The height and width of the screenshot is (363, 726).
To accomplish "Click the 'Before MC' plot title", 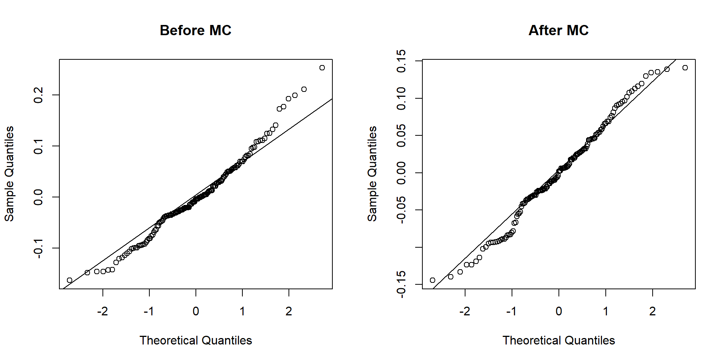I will (195, 30).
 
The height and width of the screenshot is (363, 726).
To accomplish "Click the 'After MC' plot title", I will (558, 30).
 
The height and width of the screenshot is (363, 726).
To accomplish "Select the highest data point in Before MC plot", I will (322, 68).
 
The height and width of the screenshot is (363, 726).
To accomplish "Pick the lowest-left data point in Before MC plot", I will (70, 280).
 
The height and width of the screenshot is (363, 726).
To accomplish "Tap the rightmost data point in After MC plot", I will (685, 68).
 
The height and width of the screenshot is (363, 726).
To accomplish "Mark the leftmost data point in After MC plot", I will (433, 280).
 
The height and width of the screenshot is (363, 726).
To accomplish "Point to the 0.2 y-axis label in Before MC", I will (38, 95).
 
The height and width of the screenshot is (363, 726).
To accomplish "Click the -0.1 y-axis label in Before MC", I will (38, 248).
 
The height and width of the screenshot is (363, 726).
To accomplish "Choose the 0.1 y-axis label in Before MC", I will (38, 146).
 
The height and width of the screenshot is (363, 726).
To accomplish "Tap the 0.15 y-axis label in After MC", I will (401, 61).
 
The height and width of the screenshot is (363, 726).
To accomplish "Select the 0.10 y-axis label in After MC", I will (401, 98).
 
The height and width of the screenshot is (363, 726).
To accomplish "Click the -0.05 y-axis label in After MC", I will (401, 210).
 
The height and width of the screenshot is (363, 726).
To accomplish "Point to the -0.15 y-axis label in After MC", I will (401, 284).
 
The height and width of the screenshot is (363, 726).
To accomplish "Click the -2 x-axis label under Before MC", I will (102, 311).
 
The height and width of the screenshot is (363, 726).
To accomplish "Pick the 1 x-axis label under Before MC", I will (242, 311).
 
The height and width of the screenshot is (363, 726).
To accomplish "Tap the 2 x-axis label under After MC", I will (653, 311).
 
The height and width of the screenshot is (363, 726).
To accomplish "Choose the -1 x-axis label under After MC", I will (512, 311).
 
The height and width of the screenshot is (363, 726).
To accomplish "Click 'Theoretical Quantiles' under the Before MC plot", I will (195, 340).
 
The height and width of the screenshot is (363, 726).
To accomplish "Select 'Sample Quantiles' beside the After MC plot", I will (372, 174).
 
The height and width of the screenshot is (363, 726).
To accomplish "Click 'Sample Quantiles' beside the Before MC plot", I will (9, 174).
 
